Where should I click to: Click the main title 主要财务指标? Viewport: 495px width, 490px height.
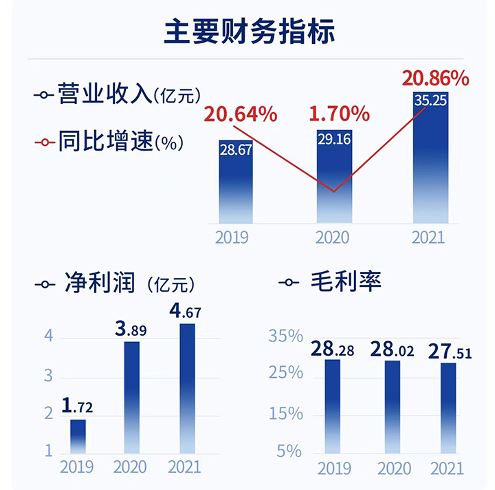250,32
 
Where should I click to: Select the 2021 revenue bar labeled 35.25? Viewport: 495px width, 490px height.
430,158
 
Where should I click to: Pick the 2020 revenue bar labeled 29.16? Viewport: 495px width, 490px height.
333,175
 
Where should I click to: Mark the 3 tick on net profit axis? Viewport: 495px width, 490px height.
49,376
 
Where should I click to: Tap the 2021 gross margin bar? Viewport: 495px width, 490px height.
448,407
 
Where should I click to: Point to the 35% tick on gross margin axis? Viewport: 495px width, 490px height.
285,337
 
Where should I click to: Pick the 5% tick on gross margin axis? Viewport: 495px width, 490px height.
289,451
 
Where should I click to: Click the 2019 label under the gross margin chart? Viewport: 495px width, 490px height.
333,469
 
